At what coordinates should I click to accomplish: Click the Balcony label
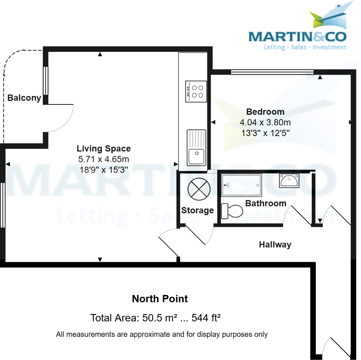click(x=24, y=98)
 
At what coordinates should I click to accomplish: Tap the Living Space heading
click(x=104, y=149)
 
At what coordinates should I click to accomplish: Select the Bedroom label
click(x=265, y=112)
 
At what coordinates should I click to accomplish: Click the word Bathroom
click(x=265, y=203)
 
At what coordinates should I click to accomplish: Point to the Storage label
click(x=197, y=210)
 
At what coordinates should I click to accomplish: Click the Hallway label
click(x=275, y=245)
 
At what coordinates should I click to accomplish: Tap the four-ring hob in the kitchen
click(x=196, y=91)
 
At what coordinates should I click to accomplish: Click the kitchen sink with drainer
click(x=196, y=147)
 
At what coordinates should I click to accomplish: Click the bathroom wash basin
click(x=289, y=181)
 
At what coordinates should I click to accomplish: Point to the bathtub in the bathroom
click(x=242, y=185)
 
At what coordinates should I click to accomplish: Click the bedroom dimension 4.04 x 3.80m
click(x=265, y=122)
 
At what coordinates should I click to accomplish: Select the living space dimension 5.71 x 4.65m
click(x=104, y=160)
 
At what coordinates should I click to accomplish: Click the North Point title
click(x=160, y=299)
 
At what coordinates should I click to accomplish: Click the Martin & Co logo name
click(x=297, y=37)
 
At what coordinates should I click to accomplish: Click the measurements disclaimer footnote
click(x=162, y=335)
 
